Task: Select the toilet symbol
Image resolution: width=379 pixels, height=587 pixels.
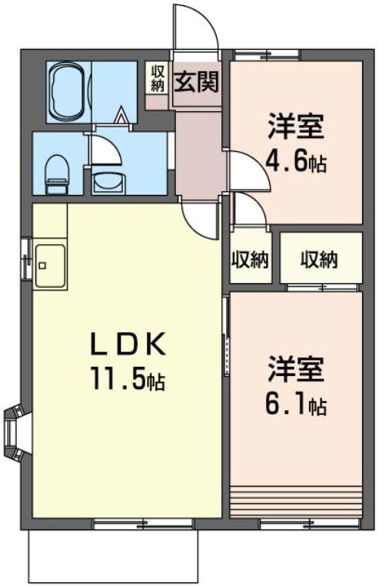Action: pyautogui.click(x=56, y=173)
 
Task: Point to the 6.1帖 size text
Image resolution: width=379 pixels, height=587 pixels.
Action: pyautogui.click(x=296, y=404)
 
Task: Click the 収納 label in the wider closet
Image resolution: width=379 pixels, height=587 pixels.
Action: pyautogui.click(x=319, y=259)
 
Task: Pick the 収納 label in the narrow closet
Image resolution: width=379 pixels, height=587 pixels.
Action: pyautogui.click(x=250, y=259)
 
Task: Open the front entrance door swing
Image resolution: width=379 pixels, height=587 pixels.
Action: pyautogui.click(x=194, y=27)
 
